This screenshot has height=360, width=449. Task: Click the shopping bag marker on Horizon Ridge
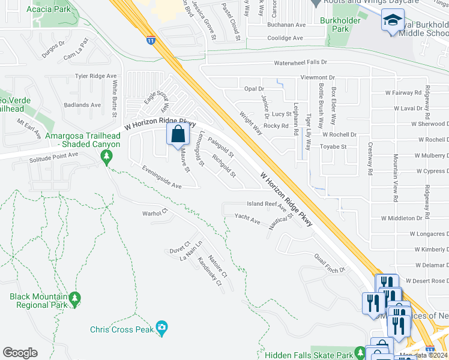pyautogui.click(x=178, y=134)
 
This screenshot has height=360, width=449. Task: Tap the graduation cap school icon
pyautogui.click(x=393, y=22)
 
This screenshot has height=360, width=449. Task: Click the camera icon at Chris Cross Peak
pyautogui.click(x=161, y=328)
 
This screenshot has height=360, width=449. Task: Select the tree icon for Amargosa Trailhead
pyautogui.click(x=107, y=157)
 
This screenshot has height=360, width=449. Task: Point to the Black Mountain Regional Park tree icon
pyautogui.click(x=74, y=297)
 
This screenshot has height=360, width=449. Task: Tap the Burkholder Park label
pyautogui.click(x=349, y=24)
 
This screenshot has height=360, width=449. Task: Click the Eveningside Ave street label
pyautogui.click(x=161, y=178)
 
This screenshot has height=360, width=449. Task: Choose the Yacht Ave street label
pyautogui.click(x=247, y=219)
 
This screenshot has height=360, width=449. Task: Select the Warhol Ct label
pyautogui.click(x=154, y=213)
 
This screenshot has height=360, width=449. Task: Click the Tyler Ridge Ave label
pyautogui.click(x=95, y=76)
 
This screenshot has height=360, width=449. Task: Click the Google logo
pyautogui.click(x=20, y=353)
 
